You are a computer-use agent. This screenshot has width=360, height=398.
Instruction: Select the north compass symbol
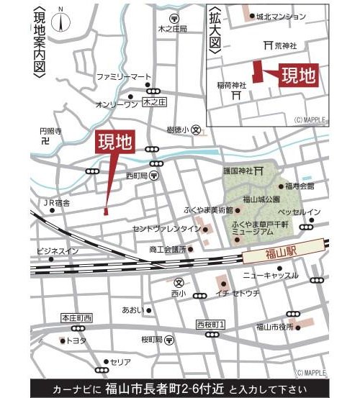[67, 19]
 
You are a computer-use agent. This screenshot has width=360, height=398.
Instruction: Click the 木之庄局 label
[173, 29]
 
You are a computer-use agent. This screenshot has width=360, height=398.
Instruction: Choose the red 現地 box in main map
[114, 140]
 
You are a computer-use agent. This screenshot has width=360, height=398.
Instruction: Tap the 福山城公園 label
[260, 199]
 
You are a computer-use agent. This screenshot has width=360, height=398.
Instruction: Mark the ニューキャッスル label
[270, 276]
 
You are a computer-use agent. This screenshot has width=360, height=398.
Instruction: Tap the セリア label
[121, 362]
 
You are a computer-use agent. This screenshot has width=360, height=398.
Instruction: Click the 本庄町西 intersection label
[76, 318]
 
